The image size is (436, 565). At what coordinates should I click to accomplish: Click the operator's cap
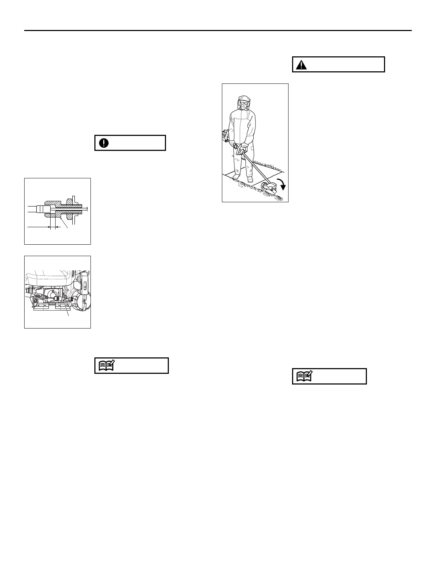click(x=244, y=98)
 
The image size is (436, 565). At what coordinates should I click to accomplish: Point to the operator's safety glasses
click(x=243, y=103)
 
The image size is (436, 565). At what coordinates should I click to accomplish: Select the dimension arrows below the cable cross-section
click(x=50, y=227)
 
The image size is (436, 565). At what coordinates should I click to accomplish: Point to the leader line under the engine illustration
click(x=67, y=309)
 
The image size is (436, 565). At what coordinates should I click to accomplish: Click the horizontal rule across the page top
click(x=218, y=31)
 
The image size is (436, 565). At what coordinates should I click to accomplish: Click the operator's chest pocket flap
click(x=249, y=119)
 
